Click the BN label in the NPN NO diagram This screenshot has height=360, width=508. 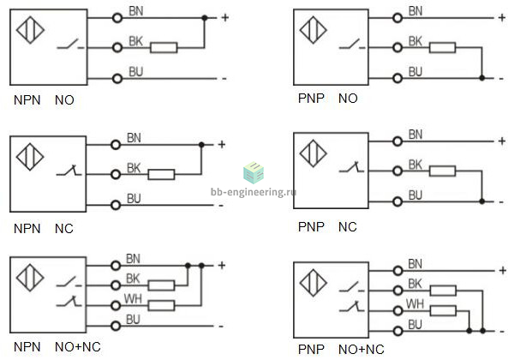pyautogui.click(x=136, y=11)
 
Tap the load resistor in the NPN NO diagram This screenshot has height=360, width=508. pyautogui.click(x=164, y=48)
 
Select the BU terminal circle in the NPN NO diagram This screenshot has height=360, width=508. pyautogui.click(x=117, y=78)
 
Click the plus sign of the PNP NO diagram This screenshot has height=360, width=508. pyautogui.click(x=501, y=17)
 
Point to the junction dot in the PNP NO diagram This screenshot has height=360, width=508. pyautogui.click(x=482, y=78)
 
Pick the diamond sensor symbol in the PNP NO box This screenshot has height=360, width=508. pyautogui.click(x=313, y=30)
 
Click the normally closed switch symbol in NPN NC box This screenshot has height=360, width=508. pyautogui.click(x=69, y=171)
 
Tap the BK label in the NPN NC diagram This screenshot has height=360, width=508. pyautogui.click(x=134, y=168)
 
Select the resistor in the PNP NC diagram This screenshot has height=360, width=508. pyautogui.click(x=443, y=171)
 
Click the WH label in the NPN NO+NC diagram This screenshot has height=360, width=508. pyautogui.click(x=133, y=299)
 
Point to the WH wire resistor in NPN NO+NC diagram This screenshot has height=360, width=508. pyautogui.click(x=161, y=305)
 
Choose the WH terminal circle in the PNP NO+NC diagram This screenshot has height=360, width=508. pyautogui.click(x=397, y=311)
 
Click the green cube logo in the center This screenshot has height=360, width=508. pyautogui.click(x=254, y=172)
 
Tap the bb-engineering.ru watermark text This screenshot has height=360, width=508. pyautogui.click(x=254, y=192)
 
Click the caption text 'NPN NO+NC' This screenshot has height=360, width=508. pyautogui.click(x=57, y=347)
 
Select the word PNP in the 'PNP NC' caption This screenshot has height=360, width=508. pyautogui.click(x=311, y=227)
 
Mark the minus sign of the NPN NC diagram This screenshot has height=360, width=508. pyautogui.click(x=221, y=206)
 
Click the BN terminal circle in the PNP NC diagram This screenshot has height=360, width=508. pyautogui.click(x=397, y=141)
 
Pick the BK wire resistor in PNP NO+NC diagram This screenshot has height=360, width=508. pyautogui.click(x=443, y=291)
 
